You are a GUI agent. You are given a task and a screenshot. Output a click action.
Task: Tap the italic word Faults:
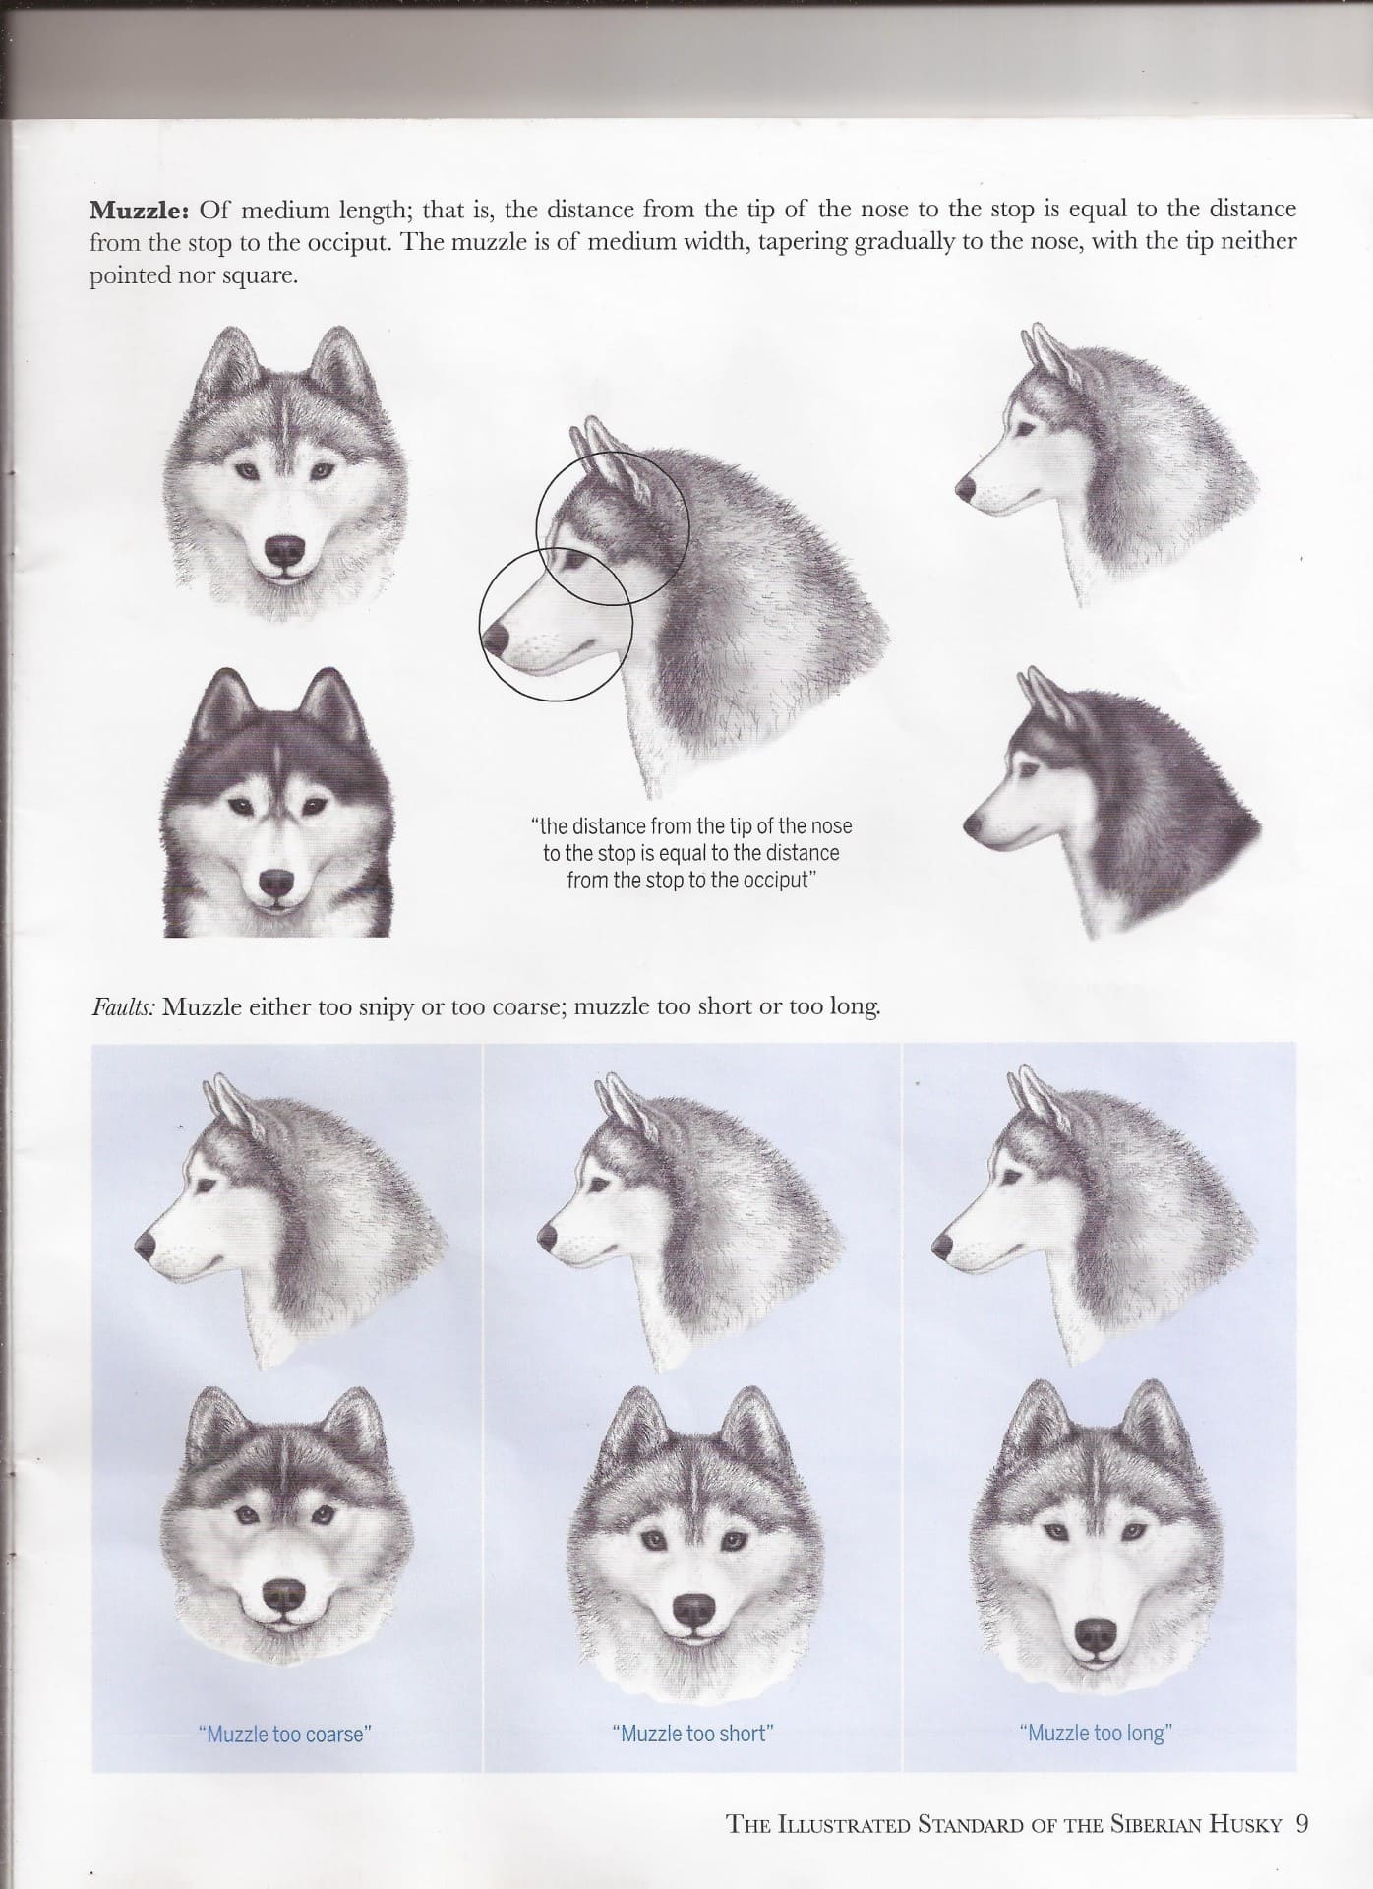123,1007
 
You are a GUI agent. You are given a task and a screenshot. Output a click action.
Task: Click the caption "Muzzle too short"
693,1733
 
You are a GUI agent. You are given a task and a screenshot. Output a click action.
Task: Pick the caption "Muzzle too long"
1097,1733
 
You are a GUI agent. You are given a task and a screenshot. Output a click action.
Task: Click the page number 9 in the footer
1302,1825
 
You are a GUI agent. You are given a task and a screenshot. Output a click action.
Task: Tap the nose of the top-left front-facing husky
286,550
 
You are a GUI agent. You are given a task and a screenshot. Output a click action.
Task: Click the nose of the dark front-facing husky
277,883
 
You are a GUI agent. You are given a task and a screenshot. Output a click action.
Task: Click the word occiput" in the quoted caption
775,880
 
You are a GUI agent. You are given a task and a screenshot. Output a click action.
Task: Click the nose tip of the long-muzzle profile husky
943,1246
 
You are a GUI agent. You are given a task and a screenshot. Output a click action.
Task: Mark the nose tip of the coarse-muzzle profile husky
144,1244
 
